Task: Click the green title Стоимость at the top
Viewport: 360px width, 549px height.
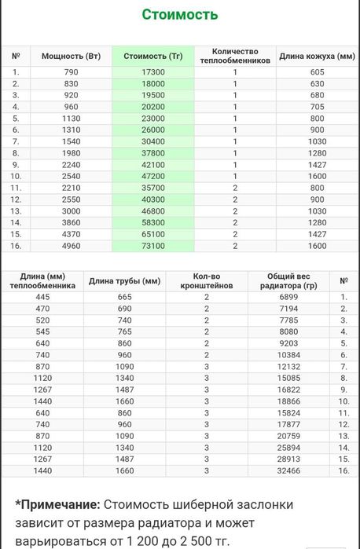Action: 180,15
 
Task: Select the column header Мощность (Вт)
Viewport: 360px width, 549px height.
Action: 72,57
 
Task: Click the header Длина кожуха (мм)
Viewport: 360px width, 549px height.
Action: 317,57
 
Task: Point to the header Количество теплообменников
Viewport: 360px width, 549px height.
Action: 234,56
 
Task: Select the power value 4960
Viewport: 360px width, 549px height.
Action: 72,246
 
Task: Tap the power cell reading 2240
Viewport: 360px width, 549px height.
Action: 72,165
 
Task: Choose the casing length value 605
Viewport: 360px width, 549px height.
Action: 317,71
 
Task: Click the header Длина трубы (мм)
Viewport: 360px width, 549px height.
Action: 124,281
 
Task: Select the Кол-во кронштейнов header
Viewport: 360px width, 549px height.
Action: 206,281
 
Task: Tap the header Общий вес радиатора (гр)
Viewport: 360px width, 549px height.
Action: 290,281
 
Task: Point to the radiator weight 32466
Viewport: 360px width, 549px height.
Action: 290,470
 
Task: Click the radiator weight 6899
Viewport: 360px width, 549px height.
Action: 290,297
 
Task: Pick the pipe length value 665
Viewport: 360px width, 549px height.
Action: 124,297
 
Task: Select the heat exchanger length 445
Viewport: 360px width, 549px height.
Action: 42,297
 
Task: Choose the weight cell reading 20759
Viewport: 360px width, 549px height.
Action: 290,435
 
